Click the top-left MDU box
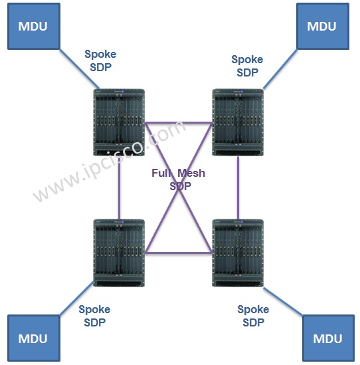coord(34,26)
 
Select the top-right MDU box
coord(323,26)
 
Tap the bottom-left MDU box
coord(34,338)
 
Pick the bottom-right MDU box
coord(328,338)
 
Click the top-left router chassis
coord(119,122)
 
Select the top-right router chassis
coord(238,122)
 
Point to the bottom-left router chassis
coord(119,253)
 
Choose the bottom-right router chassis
coord(238,253)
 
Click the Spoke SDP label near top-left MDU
coord(100,61)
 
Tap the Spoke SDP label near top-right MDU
coord(247,66)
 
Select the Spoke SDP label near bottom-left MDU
coord(94,316)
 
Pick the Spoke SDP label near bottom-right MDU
coord(253,316)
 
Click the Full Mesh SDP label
coord(179,180)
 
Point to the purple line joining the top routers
coord(179,123)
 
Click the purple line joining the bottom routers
coord(179,253)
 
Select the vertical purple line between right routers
coord(238,187)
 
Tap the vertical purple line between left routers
coord(119,187)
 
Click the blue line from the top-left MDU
coord(80,69)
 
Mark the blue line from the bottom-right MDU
coord(283,301)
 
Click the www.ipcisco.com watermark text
coord(110,161)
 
